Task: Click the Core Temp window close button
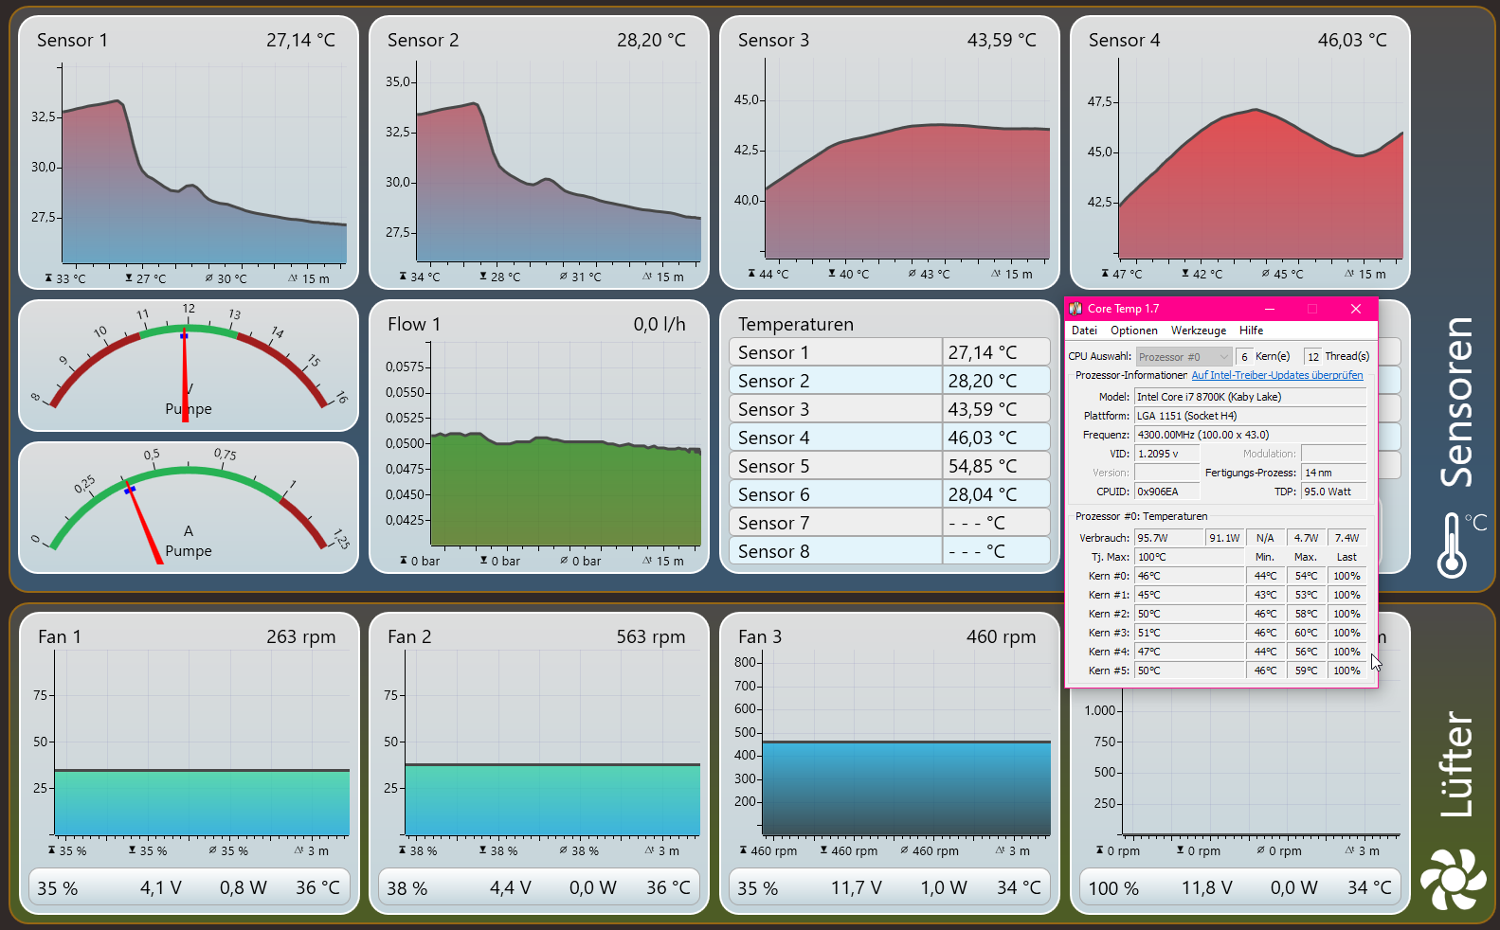click(x=1355, y=309)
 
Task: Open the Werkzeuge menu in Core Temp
click(x=1198, y=331)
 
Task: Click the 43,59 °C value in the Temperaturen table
click(x=982, y=409)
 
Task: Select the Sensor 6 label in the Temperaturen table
click(x=773, y=494)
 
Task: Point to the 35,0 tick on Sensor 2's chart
click(x=398, y=82)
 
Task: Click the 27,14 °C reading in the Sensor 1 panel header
click(x=300, y=40)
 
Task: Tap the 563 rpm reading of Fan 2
click(x=650, y=636)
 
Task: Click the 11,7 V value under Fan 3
click(x=856, y=887)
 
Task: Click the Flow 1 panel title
click(x=414, y=324)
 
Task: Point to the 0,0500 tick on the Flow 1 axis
click(x=405, y=443)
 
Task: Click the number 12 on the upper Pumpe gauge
click(x=189, y=309)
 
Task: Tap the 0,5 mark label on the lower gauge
click(x=152, y=455)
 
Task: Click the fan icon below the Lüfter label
click(x=1452, y=880)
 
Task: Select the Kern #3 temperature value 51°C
click(x=1148, y=633)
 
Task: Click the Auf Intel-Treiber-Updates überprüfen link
click(x=1276, y=375)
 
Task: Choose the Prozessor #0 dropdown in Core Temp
click(x=1184, y=357)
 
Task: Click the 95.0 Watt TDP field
click(x=1332, y=492)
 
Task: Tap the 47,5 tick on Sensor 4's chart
click(x=1100, y=101)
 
